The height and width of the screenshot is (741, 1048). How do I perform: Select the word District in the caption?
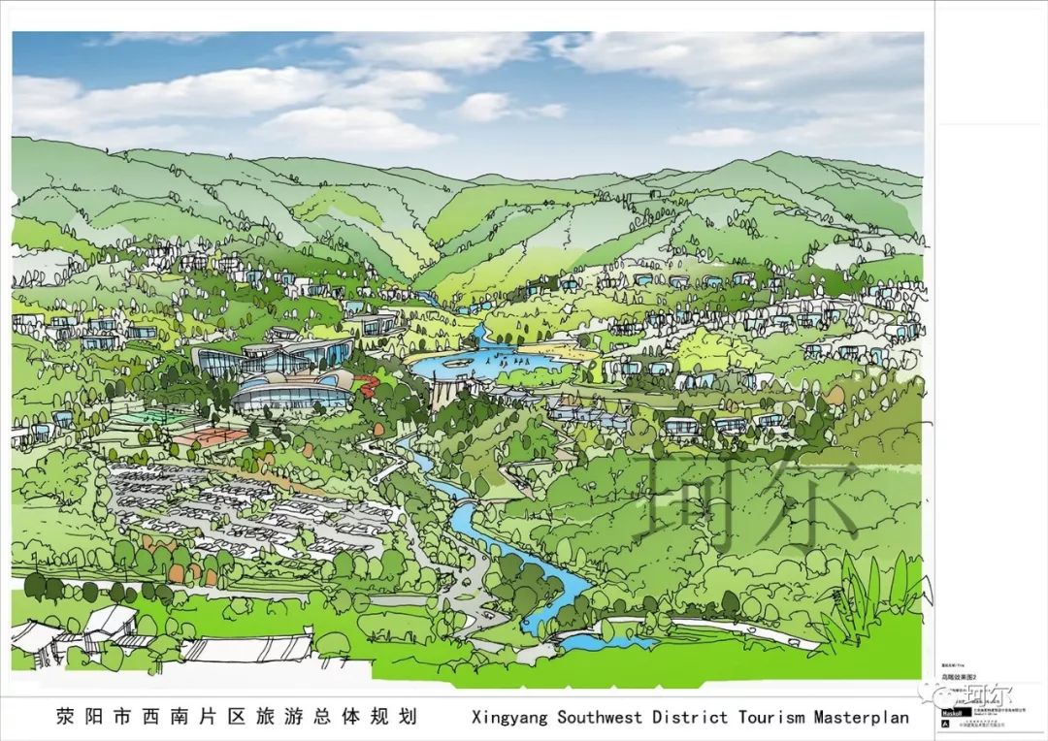[691, 718]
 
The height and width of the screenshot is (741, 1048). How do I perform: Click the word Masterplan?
[861, 718]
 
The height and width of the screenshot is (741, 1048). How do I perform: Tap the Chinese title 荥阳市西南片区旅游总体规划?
[237, 718]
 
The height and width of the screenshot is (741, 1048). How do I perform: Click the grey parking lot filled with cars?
[243, 504]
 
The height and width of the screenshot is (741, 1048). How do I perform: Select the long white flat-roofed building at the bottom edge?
[247, 648]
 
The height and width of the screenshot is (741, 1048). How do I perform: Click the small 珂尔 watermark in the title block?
[980, 694]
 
